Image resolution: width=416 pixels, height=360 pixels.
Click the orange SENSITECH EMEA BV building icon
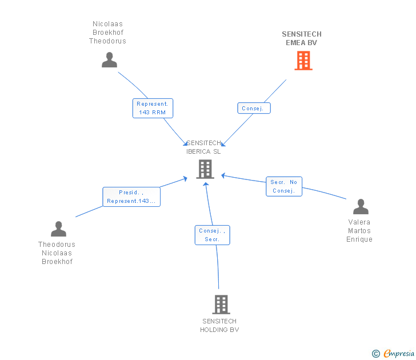tap(303, 60)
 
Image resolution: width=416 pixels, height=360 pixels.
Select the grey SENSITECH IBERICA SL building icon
tap(205, 169)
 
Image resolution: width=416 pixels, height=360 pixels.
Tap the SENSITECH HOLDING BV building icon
tap(221, 304)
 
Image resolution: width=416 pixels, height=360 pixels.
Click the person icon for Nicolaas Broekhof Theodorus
tap(109, 60)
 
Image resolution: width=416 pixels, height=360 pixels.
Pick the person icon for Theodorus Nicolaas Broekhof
tap(58, 229)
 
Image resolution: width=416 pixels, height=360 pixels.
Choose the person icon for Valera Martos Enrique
tap(361, 207)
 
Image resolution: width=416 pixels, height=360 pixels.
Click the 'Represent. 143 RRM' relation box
tap(153, 109)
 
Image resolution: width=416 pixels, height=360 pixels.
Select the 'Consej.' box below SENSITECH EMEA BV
tap(254, 108)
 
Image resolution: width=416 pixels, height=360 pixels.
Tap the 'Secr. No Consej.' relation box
tap(284, 186)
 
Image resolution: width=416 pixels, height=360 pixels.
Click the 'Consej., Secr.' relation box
tap(212, 235)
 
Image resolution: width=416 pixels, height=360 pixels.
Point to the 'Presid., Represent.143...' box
tap(131, 197)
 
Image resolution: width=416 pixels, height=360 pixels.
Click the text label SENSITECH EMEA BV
tap(302, 38)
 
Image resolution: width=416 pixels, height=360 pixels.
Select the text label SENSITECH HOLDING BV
tap(219, 325)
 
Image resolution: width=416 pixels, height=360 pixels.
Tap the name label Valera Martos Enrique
tap(359, 231)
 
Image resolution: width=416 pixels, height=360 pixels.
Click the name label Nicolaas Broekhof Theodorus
tap(107, 33)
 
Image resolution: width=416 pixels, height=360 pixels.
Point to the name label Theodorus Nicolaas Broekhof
tap(57, 253)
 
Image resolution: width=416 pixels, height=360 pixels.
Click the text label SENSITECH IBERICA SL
tap(203, 147)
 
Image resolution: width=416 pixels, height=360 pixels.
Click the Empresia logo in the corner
tap(398, 354)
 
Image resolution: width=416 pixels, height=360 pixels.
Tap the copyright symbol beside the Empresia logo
tap(376, 354)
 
